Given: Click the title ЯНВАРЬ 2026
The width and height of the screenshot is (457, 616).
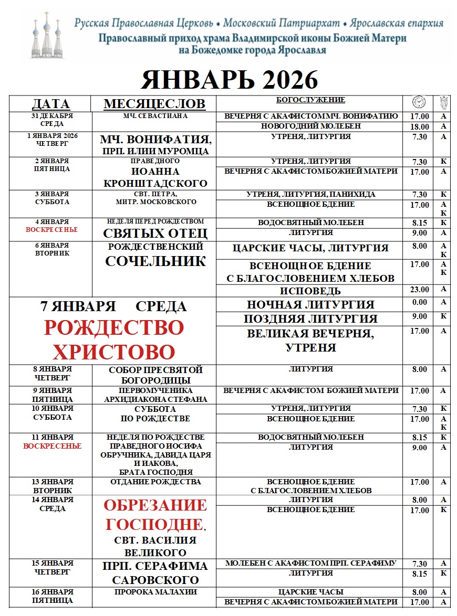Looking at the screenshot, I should click(230, 80).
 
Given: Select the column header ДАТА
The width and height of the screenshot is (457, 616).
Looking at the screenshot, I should click(50, 104).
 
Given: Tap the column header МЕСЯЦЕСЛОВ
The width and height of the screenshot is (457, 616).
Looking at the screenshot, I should click(154, 104).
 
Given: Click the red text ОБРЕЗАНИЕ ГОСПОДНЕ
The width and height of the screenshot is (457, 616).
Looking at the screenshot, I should click(155, 515).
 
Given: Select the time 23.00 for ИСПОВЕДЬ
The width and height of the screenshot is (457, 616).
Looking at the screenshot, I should click(420, 290).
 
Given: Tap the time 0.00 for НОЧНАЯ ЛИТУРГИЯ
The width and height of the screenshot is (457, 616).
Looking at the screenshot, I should click(420, 302).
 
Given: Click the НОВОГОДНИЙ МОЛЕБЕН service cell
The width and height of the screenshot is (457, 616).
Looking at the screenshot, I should click(310, 126).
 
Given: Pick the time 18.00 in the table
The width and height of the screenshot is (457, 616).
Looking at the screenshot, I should click(420, 127).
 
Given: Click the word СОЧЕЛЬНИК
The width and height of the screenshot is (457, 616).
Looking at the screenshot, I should click(155, 261).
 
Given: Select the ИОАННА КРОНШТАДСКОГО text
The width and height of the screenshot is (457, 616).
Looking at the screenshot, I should click(155, 177).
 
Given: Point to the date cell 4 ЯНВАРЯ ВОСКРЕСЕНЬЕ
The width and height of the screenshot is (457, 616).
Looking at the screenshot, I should click(50, 226).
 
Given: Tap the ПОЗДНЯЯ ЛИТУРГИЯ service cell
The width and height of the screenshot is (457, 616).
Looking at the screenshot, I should click(310, 318).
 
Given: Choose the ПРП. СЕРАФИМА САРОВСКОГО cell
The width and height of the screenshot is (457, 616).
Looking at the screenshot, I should click(155, 573).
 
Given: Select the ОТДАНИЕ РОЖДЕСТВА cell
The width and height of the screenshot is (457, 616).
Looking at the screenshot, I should click(155, 482).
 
